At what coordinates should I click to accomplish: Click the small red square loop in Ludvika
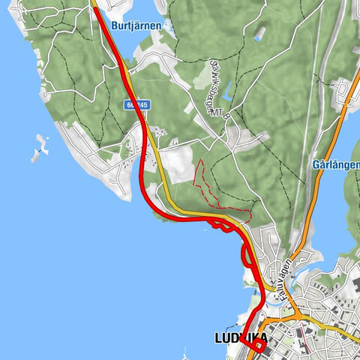pyautogui.click(x=257, y=344)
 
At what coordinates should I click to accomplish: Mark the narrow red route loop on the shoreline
pyautogui.click(x=246, y=256)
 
